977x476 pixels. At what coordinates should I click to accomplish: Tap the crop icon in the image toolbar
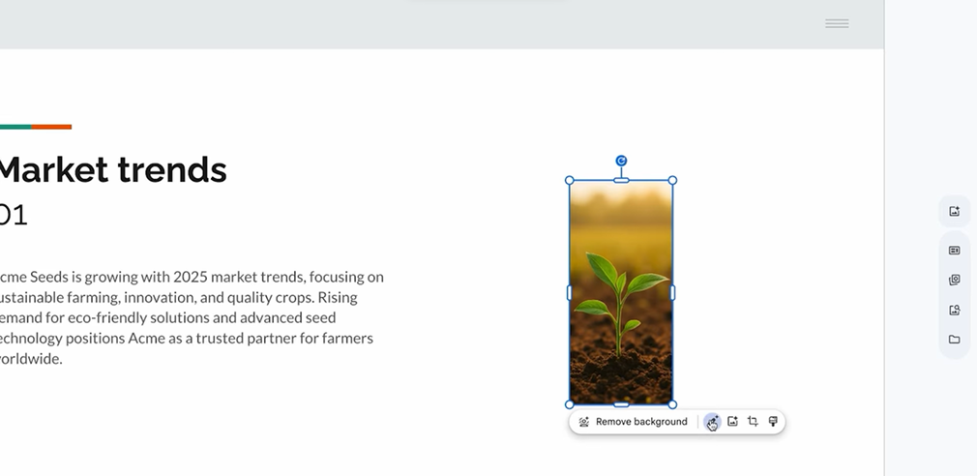click(753, 422)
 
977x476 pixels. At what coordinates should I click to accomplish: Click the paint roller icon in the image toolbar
click(773, 422)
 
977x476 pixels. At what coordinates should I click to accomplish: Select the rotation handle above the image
click(621, 162)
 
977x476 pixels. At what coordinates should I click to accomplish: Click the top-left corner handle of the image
click(570, 181)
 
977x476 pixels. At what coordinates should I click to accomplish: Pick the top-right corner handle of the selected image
click(672, 181)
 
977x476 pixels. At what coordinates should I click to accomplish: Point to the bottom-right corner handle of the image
click(672, 404)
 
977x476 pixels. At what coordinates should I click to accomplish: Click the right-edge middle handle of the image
click(672, 292)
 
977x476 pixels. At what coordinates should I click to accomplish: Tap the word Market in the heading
click(53, 170)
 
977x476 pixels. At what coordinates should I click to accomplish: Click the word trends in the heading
click(172, 170)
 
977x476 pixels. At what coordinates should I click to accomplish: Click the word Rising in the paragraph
click(338, 297)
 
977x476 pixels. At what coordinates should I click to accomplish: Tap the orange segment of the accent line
click(51, 127)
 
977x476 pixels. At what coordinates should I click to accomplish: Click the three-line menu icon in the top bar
click(837, 23)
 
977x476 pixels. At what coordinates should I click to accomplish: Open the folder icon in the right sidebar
click(954, 340)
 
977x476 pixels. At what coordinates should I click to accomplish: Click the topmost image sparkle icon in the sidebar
click(954, 212)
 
